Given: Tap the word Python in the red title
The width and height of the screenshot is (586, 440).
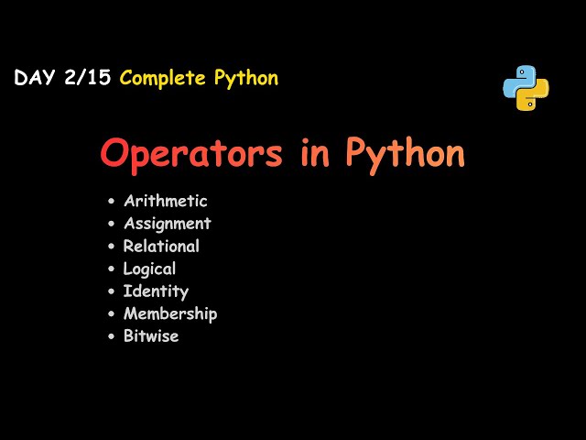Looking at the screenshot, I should (405, 153).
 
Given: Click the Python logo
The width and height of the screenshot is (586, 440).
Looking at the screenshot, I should (526, 88).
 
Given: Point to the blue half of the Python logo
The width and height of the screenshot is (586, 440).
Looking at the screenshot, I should (518, 81).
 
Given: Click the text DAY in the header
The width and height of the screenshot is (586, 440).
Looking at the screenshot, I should (35, 78).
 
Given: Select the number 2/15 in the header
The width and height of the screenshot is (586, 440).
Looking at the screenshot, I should (88, 78).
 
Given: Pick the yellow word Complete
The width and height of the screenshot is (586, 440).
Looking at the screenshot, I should (163, 78).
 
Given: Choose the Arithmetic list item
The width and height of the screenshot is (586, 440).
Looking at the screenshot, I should (165, 201).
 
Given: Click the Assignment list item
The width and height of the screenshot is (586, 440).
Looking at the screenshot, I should (167, 223).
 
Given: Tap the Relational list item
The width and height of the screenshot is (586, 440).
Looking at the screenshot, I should (161, 246).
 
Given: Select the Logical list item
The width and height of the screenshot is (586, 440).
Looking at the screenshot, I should (149, 269).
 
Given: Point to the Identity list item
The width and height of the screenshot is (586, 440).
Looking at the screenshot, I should (156, 291).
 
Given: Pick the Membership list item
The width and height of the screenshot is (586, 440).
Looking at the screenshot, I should (170, 313).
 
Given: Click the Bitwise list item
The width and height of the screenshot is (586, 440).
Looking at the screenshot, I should (151, 335).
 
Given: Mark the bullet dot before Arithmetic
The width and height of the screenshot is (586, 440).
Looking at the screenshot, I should (111, 202).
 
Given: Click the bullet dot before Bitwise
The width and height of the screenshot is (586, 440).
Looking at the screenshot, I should (111, 336).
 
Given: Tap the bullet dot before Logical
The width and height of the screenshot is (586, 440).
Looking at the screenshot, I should (111, 269).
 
